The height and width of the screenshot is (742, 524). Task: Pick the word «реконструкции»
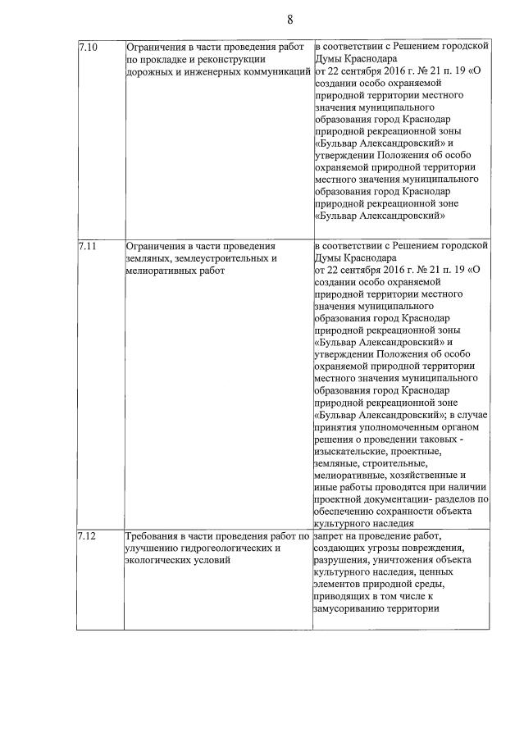coord(240,60)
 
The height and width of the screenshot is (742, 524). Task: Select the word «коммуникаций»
coord(280,72)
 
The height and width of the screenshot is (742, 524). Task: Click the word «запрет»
coord(331,536)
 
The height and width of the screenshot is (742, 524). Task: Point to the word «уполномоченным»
coord(391,427)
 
